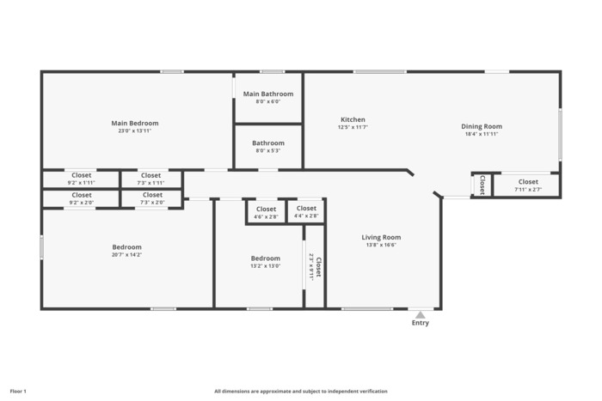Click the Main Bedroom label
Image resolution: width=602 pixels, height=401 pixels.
click(x=135, y=123)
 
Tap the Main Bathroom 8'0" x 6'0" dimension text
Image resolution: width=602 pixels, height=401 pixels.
click(x=268, y=101)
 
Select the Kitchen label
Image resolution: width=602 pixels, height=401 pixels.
click(x=353, y=119)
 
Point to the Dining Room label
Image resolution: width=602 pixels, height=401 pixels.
click(x=482, y=126)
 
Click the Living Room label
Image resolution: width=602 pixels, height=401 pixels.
click(x=381, y=237)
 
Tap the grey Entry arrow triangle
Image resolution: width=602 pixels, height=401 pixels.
click(x=421, y=315)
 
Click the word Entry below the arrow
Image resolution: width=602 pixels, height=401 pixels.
click(x=421, y=323)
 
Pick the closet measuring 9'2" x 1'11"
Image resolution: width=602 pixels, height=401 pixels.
click(x=81, y=179)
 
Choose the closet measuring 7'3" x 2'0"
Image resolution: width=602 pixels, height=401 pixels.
click(x=151, y=198)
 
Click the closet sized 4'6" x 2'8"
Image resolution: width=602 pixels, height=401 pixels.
click(x=266, y=211)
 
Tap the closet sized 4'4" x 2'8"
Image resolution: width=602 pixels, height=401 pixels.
click(x=306, y=211)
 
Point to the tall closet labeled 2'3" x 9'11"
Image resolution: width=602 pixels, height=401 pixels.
click(x=315, y=266)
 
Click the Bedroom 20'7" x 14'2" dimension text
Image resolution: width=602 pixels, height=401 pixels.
click(x=127, y=254)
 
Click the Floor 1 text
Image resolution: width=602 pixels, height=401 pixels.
click(x=18, y=392)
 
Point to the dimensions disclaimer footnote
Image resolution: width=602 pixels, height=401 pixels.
click(x=301, y=392)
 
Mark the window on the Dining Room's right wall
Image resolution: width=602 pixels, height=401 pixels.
click(x=560, y=135)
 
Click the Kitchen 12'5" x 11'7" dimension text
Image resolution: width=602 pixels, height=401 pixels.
click(x=353, y=127)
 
